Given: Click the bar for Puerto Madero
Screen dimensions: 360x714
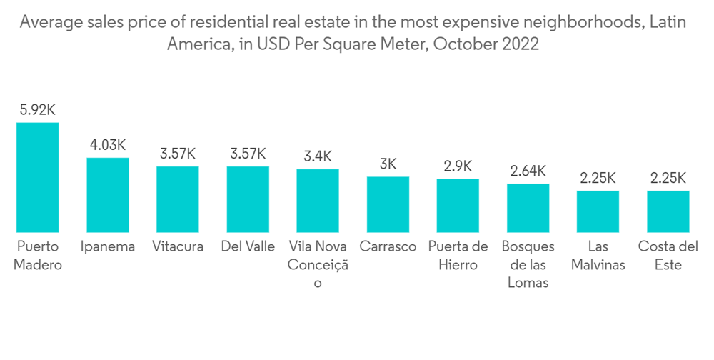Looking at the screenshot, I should click(x=38, y=177).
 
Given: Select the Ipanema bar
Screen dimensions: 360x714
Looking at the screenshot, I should click(x=108, y=194).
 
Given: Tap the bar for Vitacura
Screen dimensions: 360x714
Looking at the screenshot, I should click(x=178, y=199).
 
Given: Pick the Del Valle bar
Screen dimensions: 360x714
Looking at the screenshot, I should click(x=248, y=199).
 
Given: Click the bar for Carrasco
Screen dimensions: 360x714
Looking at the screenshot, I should click(x=388, y=204).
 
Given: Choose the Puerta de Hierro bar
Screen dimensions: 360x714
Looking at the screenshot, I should click(x=458, y=205).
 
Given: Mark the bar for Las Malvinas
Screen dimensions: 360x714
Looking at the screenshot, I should click(x=598, y=211).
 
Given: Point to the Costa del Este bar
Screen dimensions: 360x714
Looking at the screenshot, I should click(x=668, y=211).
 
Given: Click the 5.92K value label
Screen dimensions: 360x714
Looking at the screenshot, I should click(x=38, y=110).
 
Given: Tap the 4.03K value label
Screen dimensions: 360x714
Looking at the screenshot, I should click(x=108, y=145).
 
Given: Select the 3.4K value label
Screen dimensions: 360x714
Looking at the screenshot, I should click(x=318, y=156).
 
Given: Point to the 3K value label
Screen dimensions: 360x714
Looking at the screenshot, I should click(x=388, y=164).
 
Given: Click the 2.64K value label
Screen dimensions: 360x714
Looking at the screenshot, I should click(x=528, y=171).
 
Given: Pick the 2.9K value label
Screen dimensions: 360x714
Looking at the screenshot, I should click(x=458, y=166).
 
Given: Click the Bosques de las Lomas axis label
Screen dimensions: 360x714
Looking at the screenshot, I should click(x=528, y=264).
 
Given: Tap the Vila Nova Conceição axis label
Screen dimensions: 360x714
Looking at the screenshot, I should click(x=318, y=264).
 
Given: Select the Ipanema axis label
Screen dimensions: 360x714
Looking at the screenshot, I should click(x=108, y=246).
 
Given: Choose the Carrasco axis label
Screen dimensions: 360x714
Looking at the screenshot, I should click(x=388, y=246).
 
